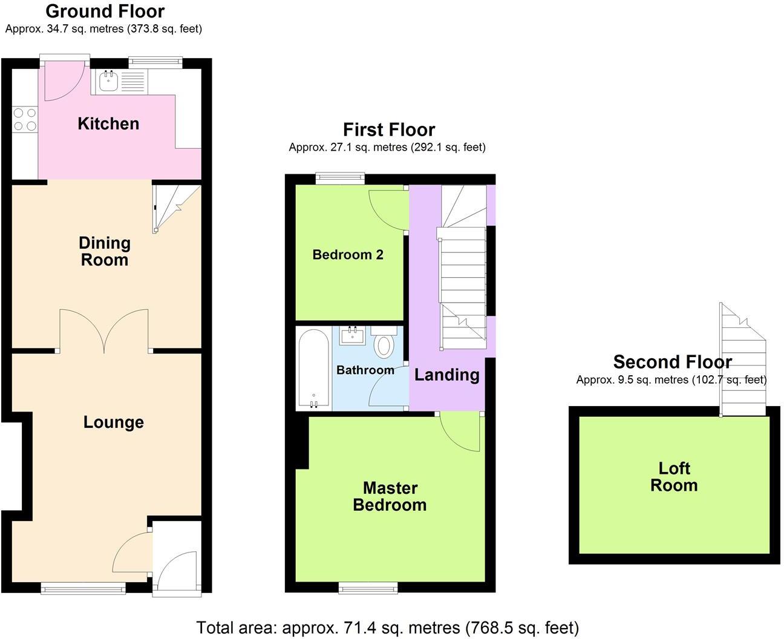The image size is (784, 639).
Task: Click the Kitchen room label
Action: (x=108, y=123)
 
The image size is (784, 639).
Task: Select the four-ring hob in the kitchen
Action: (x=25, y=119)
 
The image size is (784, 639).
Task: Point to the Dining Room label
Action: (x=105, y=251)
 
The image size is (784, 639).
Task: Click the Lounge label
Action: (x=114, y=422)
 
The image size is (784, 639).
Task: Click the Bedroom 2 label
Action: (x=348, y=255)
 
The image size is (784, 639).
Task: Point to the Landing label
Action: (x=446, y=375)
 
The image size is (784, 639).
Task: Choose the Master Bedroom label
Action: (x=390, y=496)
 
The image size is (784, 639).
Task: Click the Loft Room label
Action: (x=674, y=476)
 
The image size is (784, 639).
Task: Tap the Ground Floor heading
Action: (x=105, y=11)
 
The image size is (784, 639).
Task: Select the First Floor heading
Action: (x=389, y=129)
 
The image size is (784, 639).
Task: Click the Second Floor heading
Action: (x=672, y=362)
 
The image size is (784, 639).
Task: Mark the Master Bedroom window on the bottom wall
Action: (x=368, y=586)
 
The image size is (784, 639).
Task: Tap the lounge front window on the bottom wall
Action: (x=83, y=586)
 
